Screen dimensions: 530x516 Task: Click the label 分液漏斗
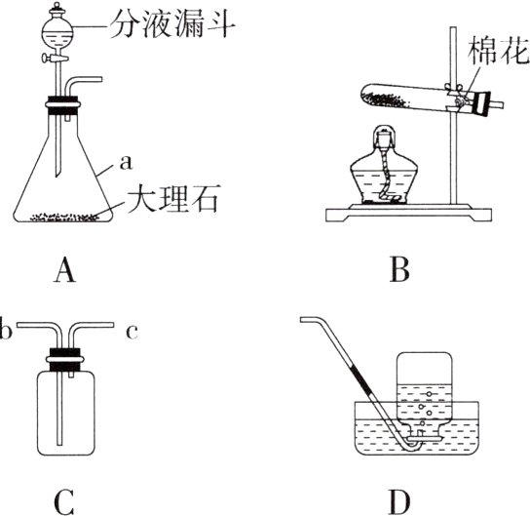(x=172, y=24)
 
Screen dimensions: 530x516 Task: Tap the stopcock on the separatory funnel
(x=55, y=59)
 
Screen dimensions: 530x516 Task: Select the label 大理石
(x=171, y=198)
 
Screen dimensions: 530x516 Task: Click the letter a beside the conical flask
(x=126, y=162)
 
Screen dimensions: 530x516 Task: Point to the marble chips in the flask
(x=65, y=217)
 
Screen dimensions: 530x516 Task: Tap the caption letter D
(x=399, y=501)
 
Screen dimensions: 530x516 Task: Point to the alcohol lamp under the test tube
(x=384, y=166)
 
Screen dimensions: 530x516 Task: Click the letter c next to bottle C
(x=132, y=332)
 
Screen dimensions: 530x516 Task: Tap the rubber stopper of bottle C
(x=64, y=360)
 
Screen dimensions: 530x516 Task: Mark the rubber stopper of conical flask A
(x=63, y=105)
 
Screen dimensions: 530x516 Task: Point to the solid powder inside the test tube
(x=388, y=99)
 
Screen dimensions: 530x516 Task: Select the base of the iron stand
(x=407, y=214)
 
